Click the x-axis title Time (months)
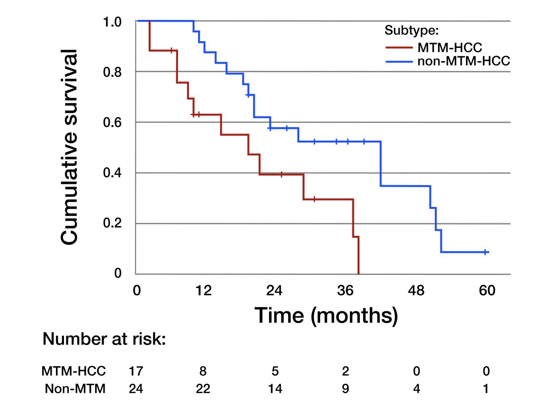tap(326, 315)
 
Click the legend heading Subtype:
tap(412, 31)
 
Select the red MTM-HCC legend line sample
tap(398, 47)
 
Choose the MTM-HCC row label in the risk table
tap(74, 370)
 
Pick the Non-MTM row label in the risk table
tap(74, 389)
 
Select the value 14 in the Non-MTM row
tap(275, 389)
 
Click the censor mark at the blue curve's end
tap(485, 252)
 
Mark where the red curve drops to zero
tap(359, 273)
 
